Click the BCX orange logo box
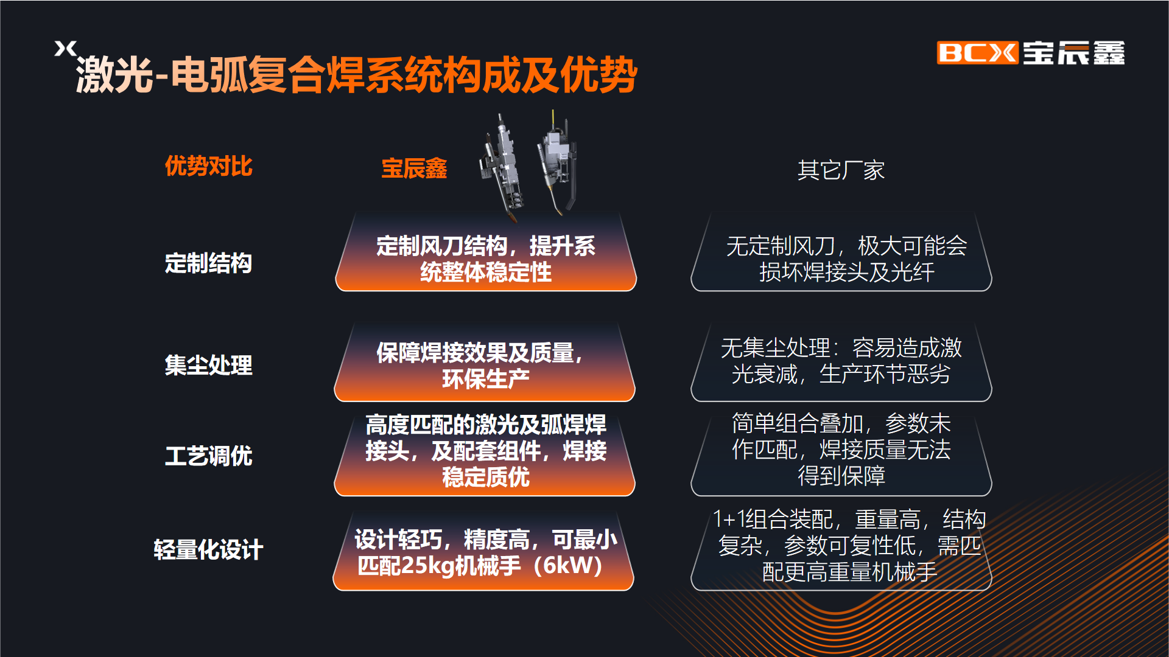pyautogui.click(x=977, y=53)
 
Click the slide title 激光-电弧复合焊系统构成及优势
pyautogui.click(x=356, y=75)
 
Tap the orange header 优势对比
pyautogui.click(x=208, y=166)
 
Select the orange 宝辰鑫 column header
pyautogui.click(x=414, y=169)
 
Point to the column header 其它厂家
pyautogui.click(x=841, y=170)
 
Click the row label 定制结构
pyautogui.click(x=208, y=263)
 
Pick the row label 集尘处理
pyautogui.click(x=208, y=365)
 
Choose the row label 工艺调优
pyautogui.click(x=208, y=456)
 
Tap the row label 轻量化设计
pyautogui.click(x=208, y=549)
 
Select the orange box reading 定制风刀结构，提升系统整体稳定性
pyautogui.click(x=485, y=252)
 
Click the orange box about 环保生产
pyautogui.click(x=485, y=361)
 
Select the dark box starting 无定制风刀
pyautogui.click(x=841, y=252)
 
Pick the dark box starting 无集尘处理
pyautogui.click(x=841, y=361)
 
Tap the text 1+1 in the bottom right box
pyautogui.click(x=728, y=520)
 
